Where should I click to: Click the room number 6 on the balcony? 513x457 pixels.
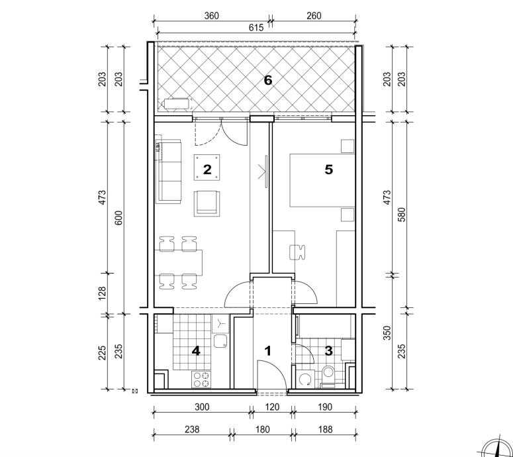[x=268, y=80]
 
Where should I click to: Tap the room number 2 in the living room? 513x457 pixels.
[x=207, y=170]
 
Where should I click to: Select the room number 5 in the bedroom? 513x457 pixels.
[x=329, y=170]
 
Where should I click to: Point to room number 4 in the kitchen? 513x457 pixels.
[x=196, y=351]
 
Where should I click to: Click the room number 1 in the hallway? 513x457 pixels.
[x=268, y=351]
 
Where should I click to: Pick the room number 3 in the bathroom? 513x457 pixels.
[x=329, y=351]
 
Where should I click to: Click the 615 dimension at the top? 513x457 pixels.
[x=256, y=28]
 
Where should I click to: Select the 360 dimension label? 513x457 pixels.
[x=211, y=16]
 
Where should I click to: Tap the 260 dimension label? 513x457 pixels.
[x=314, y=16]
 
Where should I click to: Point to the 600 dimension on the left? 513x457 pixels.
[x=118, y=218]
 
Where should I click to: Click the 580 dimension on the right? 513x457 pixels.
[x=402, y=215]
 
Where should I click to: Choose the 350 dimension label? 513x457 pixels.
[x=387, y=333]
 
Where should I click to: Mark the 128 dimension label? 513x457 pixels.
[x=103, y=293]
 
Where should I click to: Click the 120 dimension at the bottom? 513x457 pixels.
[x=272, y=407]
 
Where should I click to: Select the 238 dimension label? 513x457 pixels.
[x=192, y=429]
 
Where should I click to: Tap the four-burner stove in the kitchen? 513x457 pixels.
[x=201, y=380]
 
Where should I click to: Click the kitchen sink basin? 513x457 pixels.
[x=221, y=341]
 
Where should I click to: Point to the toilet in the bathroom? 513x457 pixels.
[x=328, y=375]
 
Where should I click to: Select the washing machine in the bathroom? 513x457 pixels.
[x=306, y=380]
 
